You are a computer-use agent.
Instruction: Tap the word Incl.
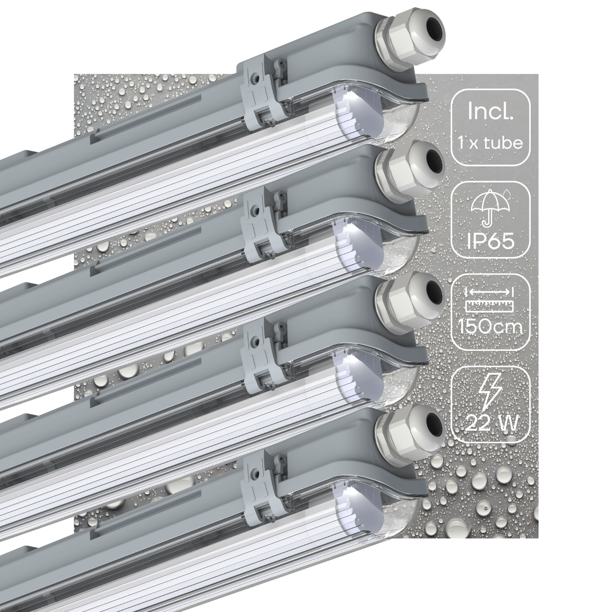click(490, 112)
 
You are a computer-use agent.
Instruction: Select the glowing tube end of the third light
click(352, 370)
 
